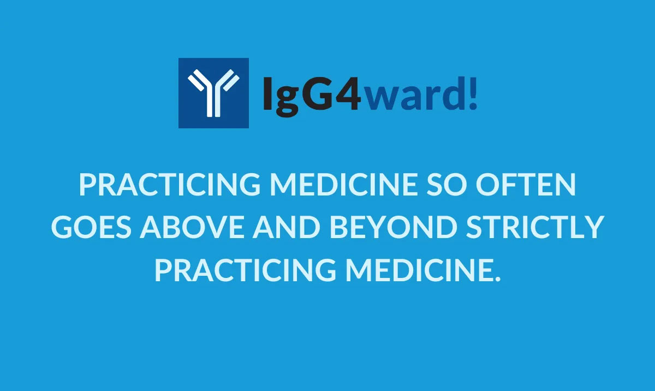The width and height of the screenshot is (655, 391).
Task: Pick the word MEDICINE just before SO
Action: [348, 186]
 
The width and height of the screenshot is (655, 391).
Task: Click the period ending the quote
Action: [497, 277]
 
